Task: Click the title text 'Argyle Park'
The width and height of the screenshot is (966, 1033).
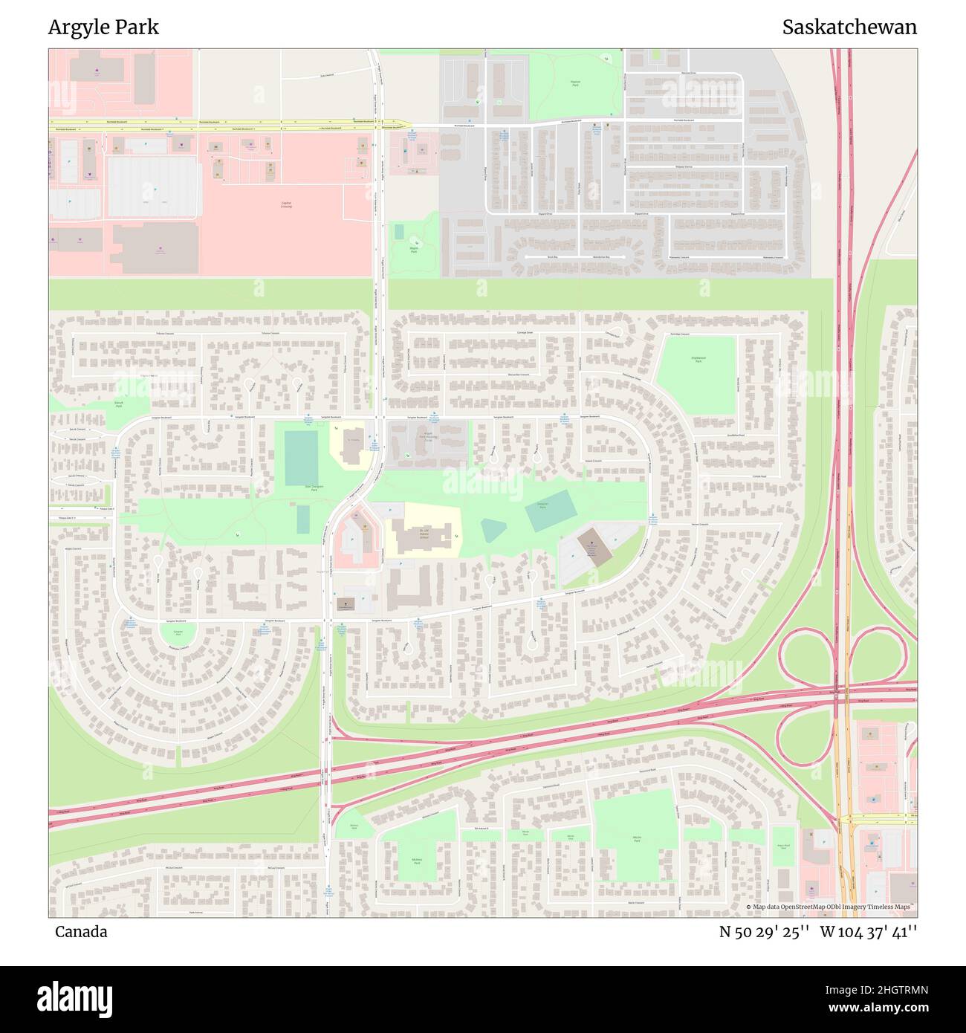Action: [x=103, y=27]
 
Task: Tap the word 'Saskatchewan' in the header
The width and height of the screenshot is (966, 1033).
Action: [x=849, y=27]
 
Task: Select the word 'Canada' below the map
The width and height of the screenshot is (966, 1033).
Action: [x=81, y=932]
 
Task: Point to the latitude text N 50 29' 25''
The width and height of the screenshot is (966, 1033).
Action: [x=764, y=932]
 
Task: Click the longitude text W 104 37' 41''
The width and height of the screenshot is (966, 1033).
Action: [x=869, y=932]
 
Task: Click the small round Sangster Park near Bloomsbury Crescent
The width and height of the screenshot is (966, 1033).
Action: [x=178, y=633]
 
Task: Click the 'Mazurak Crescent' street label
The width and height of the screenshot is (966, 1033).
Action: [x=518, y=375]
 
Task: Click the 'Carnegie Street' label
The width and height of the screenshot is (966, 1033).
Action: [x=525, y=333]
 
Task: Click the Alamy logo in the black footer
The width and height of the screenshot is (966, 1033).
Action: [x=74, y=997]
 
